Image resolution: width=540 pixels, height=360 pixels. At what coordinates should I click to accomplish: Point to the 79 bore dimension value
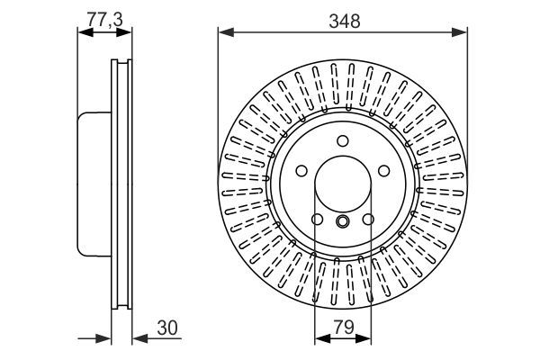pos(343,328)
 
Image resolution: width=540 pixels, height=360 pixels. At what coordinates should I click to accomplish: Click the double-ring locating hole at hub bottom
pos(343,221)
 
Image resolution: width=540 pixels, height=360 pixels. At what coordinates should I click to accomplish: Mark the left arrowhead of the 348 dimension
pos(223,33)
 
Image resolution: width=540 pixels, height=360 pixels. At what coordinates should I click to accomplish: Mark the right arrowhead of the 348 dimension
pos(462,33)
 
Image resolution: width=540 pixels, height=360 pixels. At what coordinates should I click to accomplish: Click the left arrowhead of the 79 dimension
pos(319,340)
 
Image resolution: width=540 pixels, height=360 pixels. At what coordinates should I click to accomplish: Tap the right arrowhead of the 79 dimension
pos(365,340)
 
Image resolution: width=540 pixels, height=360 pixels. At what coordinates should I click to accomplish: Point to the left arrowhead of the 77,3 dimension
pos(84,33)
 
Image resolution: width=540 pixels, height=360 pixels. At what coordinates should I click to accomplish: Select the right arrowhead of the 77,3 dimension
pos(127,33)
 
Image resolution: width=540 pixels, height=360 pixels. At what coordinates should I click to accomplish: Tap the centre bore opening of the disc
pos(343,184)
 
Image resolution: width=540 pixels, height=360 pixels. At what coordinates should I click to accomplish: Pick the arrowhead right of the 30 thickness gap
pos(138,340)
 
